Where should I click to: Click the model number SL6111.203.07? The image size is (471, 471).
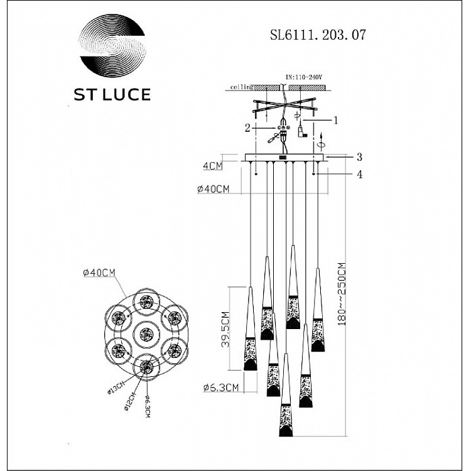click(x=313, y=36)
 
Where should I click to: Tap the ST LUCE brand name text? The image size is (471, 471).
click(x=112, y=95)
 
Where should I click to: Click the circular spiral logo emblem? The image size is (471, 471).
click(x=112, y=47)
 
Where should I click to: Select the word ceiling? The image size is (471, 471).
click(x=241, y=87)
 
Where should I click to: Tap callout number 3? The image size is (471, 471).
click(x=359, y=156)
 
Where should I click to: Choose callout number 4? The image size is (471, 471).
click(x=359, y=175)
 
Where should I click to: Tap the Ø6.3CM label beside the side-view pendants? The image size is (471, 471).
click(x=221, y=387)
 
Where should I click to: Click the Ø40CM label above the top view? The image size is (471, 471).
click(x=99, y=272)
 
